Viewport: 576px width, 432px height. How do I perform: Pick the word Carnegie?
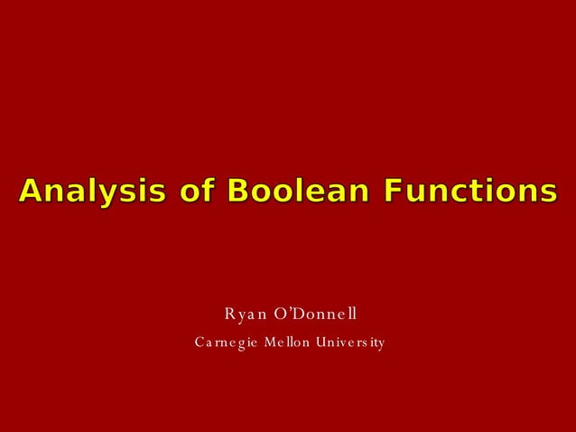pyautogui.click(x=224, y=343)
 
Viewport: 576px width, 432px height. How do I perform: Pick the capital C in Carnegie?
pyautogui.click(x=200, y=343)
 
